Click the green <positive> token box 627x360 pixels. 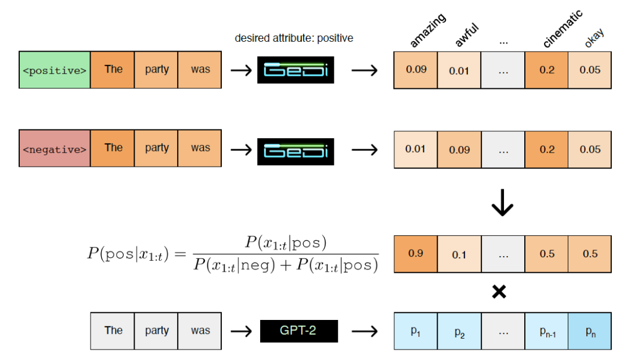pos(55,70)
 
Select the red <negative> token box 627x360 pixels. pos(55,149)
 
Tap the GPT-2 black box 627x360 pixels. pos(298,330)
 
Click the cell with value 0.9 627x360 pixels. pos(416,254)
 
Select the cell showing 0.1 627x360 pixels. pos(459,254)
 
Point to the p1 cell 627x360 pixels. pos(416,331)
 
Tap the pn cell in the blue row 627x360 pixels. pos(590,331)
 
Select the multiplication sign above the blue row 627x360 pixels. pos(499,291)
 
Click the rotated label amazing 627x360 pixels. pos(428,30)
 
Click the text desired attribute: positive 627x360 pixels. pos(294,38)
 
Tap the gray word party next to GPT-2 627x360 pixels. pos(157,331)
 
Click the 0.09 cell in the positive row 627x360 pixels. pos(416,70)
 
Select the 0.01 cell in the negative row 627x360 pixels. pos(416,149)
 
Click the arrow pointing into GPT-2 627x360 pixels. pos(240,331)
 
